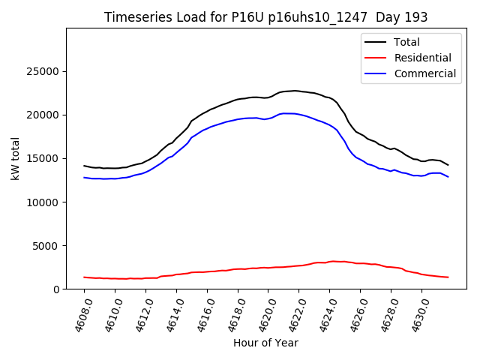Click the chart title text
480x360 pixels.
pyautogui.click(x=266, y=17)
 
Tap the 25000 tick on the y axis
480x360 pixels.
pyautogui.click(x=44, y=72)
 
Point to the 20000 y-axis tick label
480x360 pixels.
pyautogui.click(x=44, y=115)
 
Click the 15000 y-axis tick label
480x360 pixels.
pyautogui.click(x=44, y=159)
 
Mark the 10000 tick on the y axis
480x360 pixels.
pyautogui.click(x=44, y=202)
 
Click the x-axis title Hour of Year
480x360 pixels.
pyautogui.click(x=265, y=343)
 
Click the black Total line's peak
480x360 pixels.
pyautogui.click(x=295, y=91)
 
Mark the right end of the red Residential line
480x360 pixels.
pyautogui.click(x=448, y=277)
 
